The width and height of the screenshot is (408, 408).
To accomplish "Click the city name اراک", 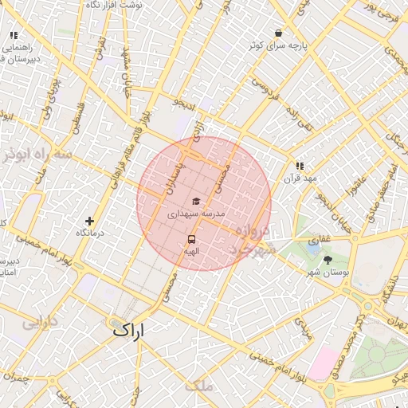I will (130, 328).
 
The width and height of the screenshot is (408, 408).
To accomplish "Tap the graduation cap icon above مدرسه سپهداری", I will (196, 202).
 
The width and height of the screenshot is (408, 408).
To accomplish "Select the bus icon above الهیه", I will (191, 238).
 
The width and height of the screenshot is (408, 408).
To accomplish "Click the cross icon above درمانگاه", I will (89, 221).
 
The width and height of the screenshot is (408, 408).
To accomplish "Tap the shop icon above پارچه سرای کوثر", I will (277, 33).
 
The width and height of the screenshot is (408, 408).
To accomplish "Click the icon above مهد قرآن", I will (300, 166).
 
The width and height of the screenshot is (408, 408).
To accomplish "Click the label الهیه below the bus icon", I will (191, 251).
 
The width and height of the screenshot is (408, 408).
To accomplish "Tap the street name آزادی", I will (199, 131).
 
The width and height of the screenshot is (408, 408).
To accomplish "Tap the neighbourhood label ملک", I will (198, 386).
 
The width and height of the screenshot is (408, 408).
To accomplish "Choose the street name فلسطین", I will (77, 115).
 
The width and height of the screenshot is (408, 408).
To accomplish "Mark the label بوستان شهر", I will (328, 273).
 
